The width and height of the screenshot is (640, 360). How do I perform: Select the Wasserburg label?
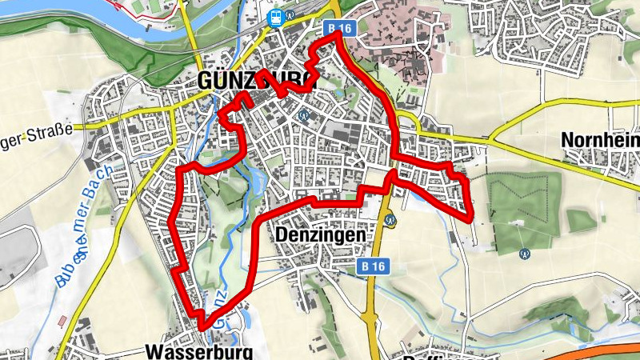(199, 351)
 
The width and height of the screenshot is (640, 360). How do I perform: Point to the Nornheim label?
(600, 139)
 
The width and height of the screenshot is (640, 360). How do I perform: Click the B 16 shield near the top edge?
(338, 29)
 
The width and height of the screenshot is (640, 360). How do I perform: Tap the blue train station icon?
(275, 17)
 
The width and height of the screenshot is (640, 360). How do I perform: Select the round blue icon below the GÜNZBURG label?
(303, 115)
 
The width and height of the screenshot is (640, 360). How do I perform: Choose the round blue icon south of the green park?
(525, 254)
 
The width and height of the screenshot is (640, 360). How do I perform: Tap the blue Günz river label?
(222, 304)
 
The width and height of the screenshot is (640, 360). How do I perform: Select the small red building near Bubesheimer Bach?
(62, 321)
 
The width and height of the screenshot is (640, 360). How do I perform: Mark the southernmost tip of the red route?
(204, 327)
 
